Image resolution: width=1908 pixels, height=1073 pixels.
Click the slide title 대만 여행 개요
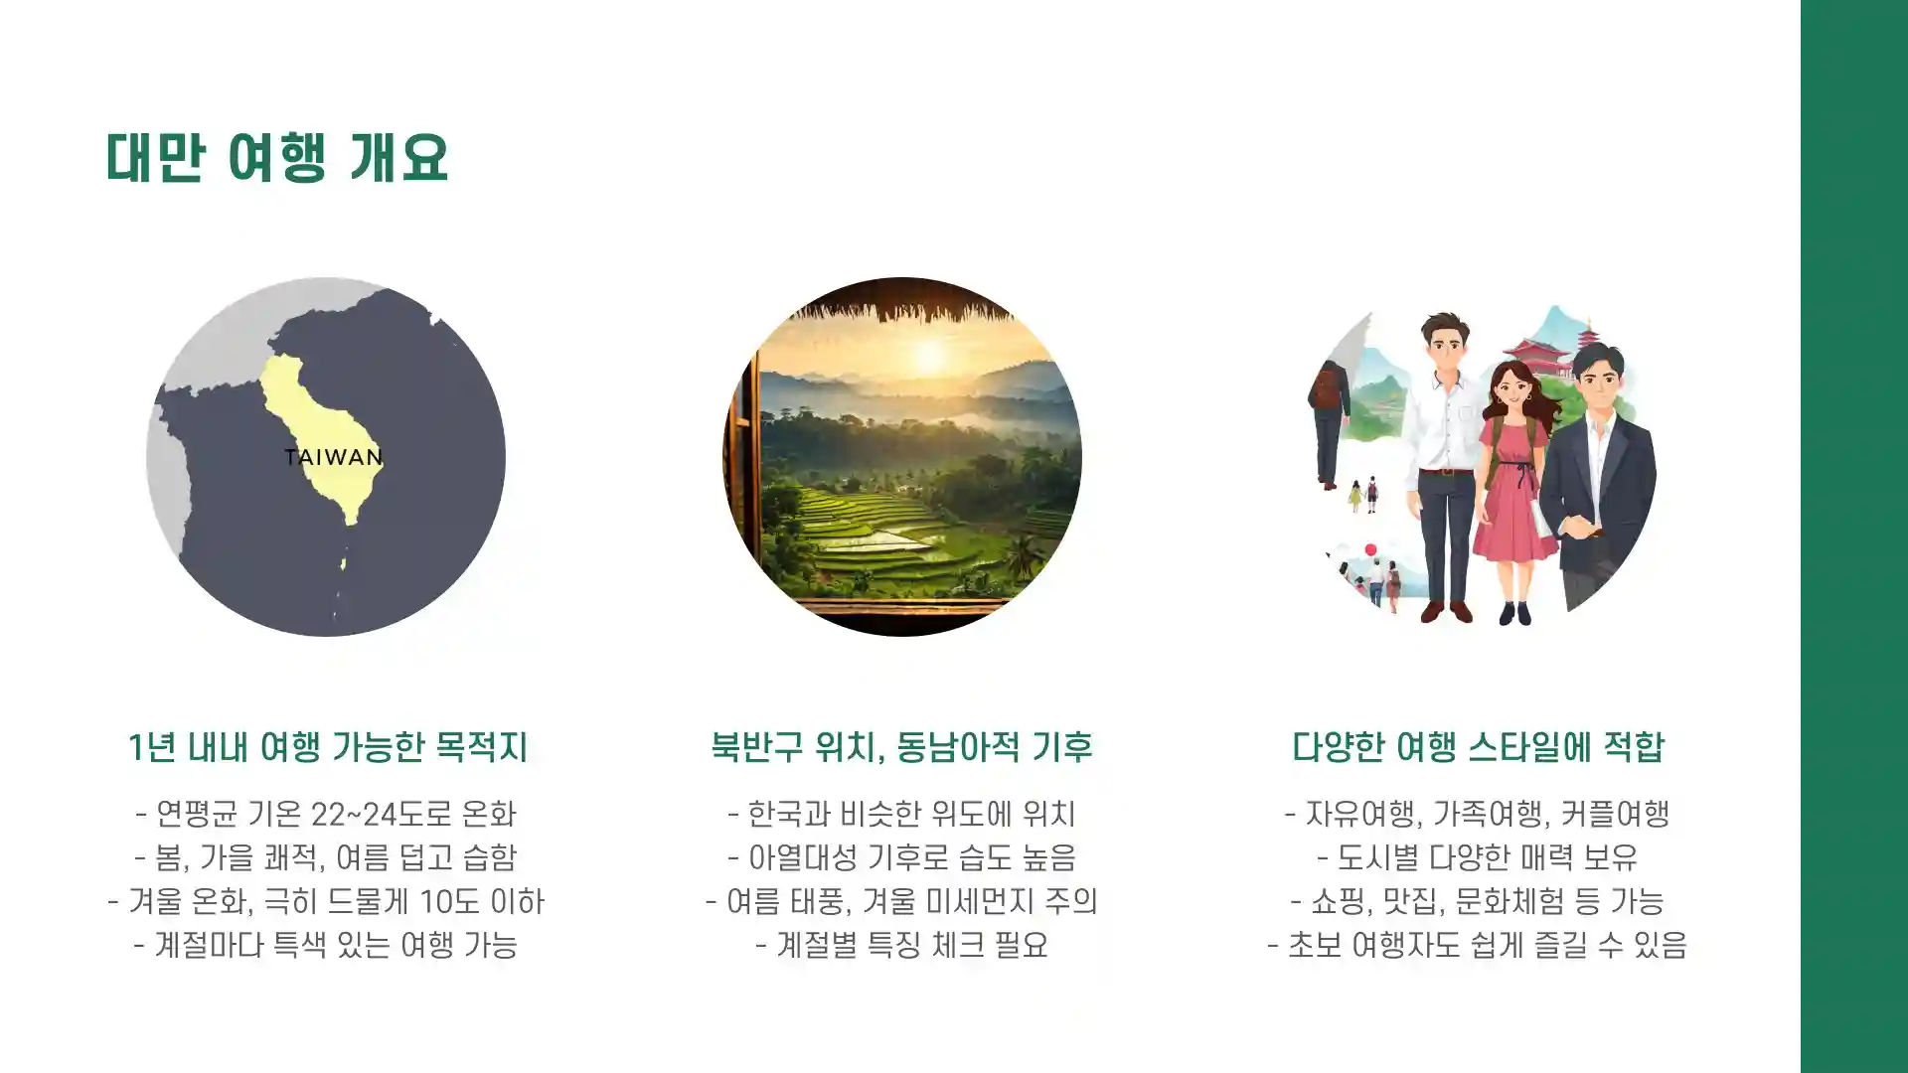[277, 157]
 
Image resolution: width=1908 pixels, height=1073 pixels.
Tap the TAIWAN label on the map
[333, 457]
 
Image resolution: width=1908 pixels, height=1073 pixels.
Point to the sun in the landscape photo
[929, 356]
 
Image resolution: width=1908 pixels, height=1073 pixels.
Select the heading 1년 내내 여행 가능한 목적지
[327, 747]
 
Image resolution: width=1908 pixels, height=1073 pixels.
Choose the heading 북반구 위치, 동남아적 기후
[901, 747]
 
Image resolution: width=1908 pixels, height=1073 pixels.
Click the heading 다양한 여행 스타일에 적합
[1478, 747]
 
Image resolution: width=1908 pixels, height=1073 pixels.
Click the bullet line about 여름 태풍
[901, 901]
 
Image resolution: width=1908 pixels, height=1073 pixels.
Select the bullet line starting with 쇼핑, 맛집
[1478, 901]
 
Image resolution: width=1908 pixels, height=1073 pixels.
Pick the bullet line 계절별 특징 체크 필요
[901, 945]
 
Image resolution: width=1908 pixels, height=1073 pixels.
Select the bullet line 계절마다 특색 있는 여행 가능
[326, 945]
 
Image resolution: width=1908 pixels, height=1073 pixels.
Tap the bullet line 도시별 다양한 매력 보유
[1478, 857]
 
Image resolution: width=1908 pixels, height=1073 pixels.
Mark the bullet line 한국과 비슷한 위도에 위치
[901, 815]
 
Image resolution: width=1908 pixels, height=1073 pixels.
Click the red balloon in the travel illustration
[1370, 549]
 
